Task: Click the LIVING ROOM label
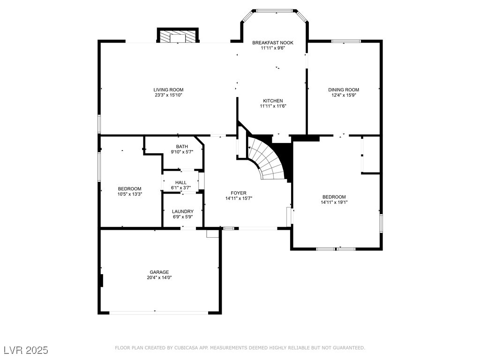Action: click(x=168, y=90)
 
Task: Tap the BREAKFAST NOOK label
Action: click(x=273, y=43)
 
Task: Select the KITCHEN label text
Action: click(x=273, y=101)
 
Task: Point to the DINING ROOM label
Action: click(x=344, y=90)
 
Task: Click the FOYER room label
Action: click(x=239, y=193)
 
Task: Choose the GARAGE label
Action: click(x=159, y=272)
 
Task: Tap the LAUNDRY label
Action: click(x=183, y=211)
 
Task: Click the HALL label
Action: click(x=181, y=182)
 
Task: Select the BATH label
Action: click(x=182, y=146)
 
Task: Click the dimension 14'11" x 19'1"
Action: click(x=334, y=202)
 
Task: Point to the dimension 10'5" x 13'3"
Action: click(x=130, y=194)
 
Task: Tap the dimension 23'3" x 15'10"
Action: click(x=168, y=95)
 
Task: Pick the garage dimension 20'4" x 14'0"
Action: click(x=159, y=277)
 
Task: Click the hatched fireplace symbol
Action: click(x=178, y=36)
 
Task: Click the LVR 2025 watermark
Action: click(x=26, y=350)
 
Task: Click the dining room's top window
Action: click(x=346, y=41)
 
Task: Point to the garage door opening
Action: click(x=159, y=313)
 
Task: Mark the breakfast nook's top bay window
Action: click(x=274, y=11)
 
